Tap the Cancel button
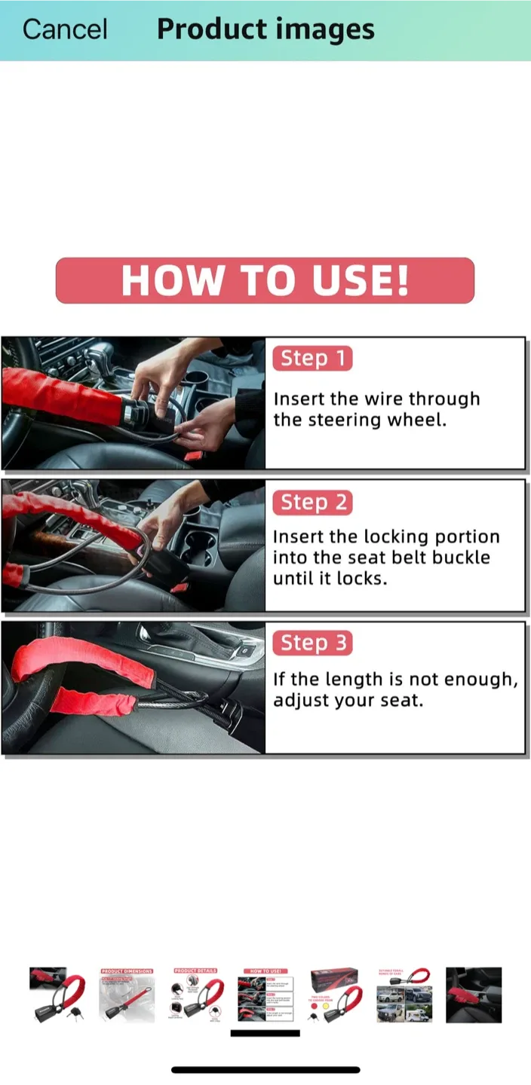coord(65,29)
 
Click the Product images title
coord(265,29)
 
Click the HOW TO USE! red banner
coord(265,280)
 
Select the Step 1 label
coord(312,359)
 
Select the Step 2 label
coord(312,503)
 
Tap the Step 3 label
coord(312,643)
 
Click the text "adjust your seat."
coord(348,700)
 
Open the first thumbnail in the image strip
coord(57,995)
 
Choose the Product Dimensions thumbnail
coord(127,995)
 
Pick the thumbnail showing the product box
coord(335,995)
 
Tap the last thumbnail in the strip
coord(474,995)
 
